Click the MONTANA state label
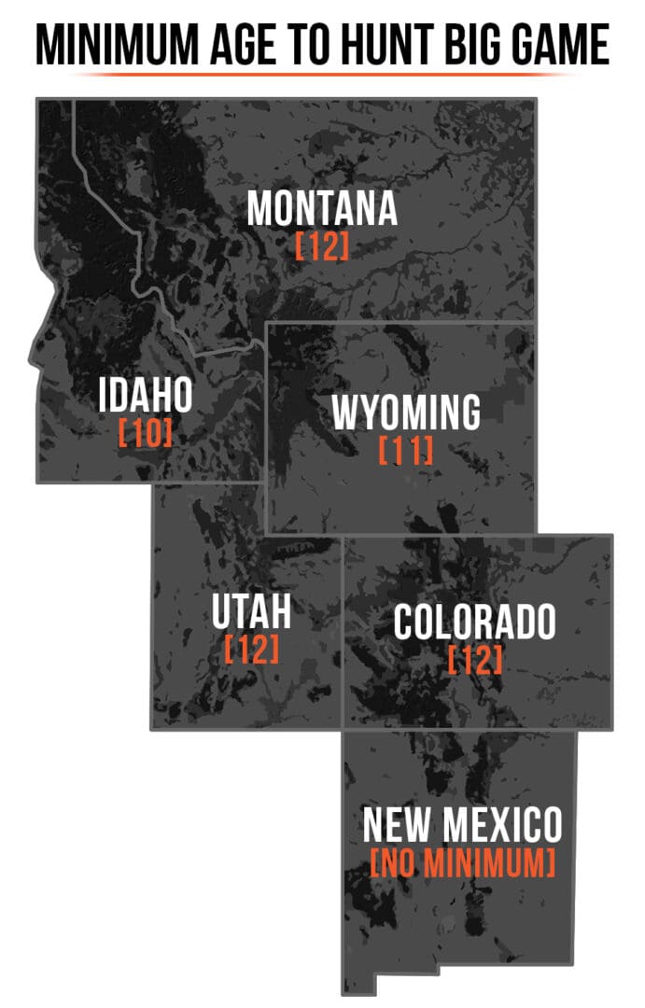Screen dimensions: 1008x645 tap(322, 208)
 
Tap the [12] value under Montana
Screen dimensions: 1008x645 tap(322, 247)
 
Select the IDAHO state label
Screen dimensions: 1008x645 tap(146, 396)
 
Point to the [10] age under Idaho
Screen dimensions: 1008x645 tap(146, 434)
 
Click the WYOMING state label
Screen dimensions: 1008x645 tap(406, 413)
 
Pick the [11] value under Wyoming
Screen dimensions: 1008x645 tap(406, 452)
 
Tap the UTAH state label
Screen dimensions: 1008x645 tap(251, 611)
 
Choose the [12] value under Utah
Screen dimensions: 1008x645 tap(251, 650)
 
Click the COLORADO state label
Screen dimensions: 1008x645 tap(474, 623)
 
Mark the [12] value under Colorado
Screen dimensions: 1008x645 tap(474, 660)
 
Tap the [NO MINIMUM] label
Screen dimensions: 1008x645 tap(462, 862)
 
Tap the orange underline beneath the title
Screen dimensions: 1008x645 tap(322, 75)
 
